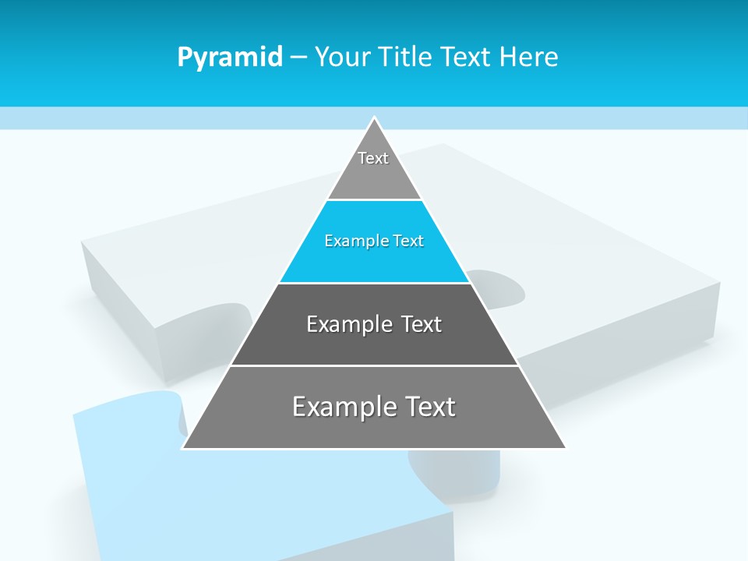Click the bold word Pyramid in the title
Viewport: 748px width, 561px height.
[229, 58]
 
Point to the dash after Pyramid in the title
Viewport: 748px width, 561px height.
[298, 58]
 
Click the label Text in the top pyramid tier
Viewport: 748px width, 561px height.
[373, 158]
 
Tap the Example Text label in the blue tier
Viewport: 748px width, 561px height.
[374, 241]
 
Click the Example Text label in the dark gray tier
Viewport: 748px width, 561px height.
[374, 324]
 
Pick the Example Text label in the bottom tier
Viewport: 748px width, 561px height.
[374, 407]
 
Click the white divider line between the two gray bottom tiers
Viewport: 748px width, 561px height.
[374, 365]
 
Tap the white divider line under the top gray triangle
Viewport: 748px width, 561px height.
[374, 199]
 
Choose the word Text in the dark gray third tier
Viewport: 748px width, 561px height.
[421, 324]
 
